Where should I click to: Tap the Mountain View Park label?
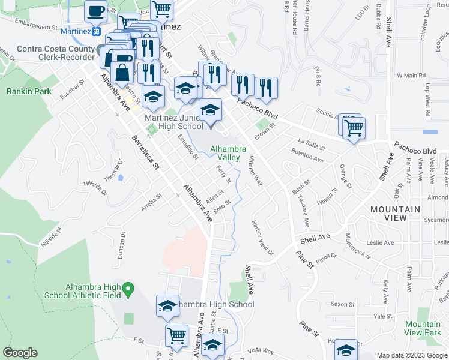(x=423, y=328)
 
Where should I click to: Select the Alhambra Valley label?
(x=223, y=152)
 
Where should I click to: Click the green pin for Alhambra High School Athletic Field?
(x=127, y=291)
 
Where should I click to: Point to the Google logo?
(x=20, y=353)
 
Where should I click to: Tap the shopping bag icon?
(x=122, y=73)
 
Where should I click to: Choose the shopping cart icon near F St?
(x=177, y=336)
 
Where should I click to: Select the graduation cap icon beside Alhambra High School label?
(x=168, y=306)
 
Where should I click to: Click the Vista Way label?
(x=261, y=350)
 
